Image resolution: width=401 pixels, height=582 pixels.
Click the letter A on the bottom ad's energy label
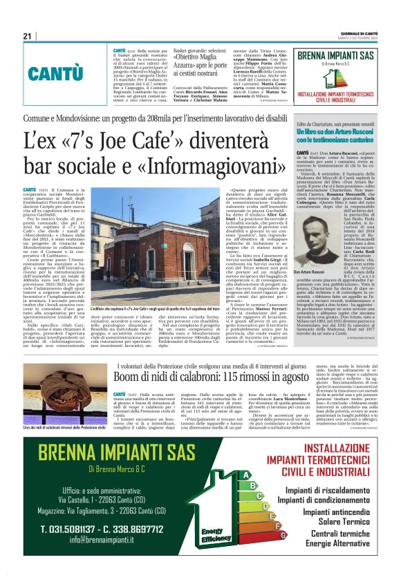point(244,475)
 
